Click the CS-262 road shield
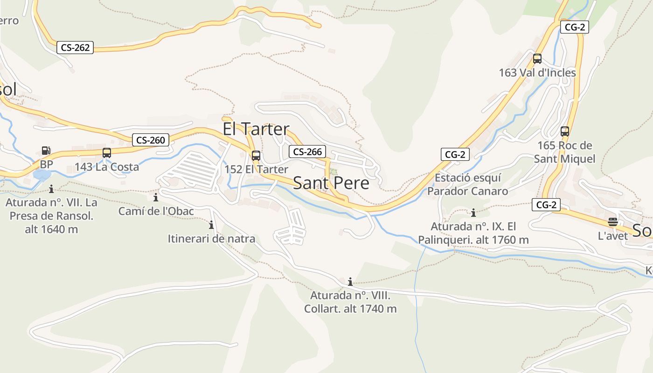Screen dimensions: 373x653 [x=75, y=47]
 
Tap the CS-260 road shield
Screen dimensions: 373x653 [x=151, y=140]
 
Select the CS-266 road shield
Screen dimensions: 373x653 [x=307, y=152]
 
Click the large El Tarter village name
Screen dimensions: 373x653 [x=256, y=129]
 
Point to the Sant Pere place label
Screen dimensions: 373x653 [x=331, y=183]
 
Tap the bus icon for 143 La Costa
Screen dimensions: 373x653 [x=107, y=152]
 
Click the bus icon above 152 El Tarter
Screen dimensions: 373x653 [x=256, y=156]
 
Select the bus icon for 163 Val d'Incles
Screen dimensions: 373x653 [x=537, y=59]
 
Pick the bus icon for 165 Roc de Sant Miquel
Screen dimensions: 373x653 [x=565, y=131]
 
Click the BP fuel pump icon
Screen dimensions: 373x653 [x=46, y=151]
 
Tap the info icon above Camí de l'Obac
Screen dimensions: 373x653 [x=156, y=197]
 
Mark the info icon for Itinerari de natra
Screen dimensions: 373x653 [x=211, y=225]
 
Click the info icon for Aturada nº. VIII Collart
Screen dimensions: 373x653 [x=350, y=282]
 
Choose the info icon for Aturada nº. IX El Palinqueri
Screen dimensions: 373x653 [x=473, y=213]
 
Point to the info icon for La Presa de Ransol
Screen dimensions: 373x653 [x=51, y=189]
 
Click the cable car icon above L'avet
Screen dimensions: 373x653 [x=613, y=222]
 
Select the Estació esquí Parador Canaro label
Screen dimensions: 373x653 [x=467, y=184]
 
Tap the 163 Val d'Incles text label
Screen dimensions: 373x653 [x=537, y=73]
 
